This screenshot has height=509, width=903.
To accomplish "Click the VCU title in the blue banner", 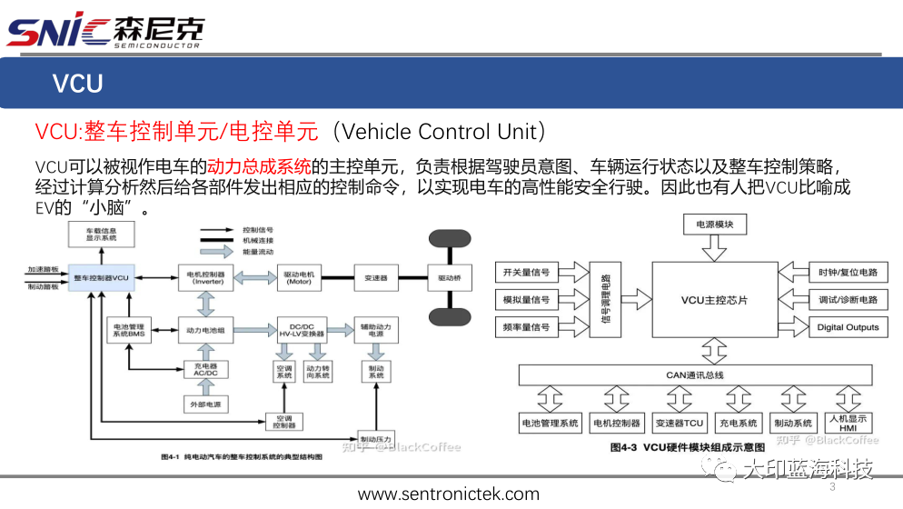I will point(77,84).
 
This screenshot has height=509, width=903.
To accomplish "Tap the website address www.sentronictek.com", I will point(449,494).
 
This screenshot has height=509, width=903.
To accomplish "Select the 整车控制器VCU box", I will point(102,276).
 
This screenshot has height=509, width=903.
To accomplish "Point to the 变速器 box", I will point(376,277).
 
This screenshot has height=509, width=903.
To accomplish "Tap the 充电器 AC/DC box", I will point(205,369).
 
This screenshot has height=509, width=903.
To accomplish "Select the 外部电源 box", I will point(205,403).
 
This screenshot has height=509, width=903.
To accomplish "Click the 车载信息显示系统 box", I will point(102,235).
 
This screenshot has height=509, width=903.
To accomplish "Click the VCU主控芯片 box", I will point(714,300).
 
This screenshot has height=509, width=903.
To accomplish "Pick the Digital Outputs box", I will point(848,327).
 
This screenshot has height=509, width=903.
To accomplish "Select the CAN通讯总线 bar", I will point(694,374).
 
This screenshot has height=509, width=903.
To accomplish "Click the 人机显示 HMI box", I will point(848,423).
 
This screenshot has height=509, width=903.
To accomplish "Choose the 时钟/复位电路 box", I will point(848,273).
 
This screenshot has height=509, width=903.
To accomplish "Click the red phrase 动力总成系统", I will point(259,166).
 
